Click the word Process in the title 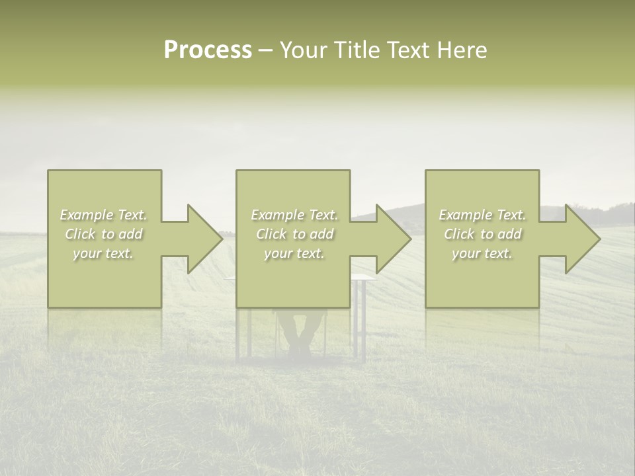[208, 50]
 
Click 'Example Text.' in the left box [104, 215]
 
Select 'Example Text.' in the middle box [294, 215]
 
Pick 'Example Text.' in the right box [482, 215]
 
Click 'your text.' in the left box [104, 253]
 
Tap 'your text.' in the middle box [294, 253]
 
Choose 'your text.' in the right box [482, 253]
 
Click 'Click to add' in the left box [104, 234]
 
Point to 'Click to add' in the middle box [294, 234]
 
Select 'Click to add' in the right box [482, 234]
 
